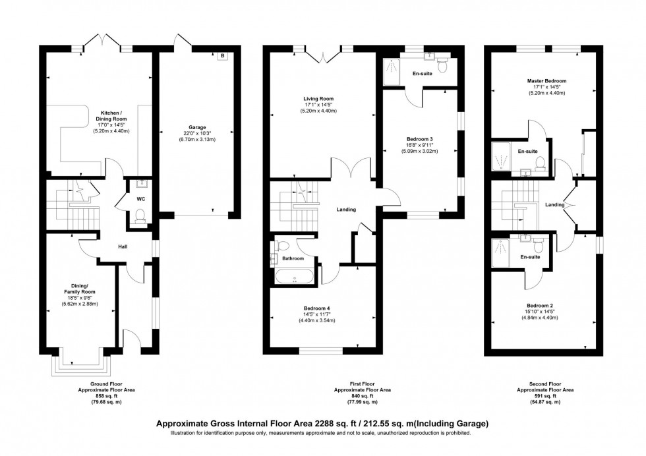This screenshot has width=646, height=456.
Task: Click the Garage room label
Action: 197,127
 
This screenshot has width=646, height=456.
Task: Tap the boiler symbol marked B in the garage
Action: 222,57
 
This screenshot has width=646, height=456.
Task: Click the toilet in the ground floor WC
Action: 140,215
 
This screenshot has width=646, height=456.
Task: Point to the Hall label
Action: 123,247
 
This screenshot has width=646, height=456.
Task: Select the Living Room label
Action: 319,99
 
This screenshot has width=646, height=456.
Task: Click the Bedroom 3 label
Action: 419,139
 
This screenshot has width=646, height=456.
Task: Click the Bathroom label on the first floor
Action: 293,259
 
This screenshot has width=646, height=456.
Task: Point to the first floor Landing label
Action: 346,210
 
